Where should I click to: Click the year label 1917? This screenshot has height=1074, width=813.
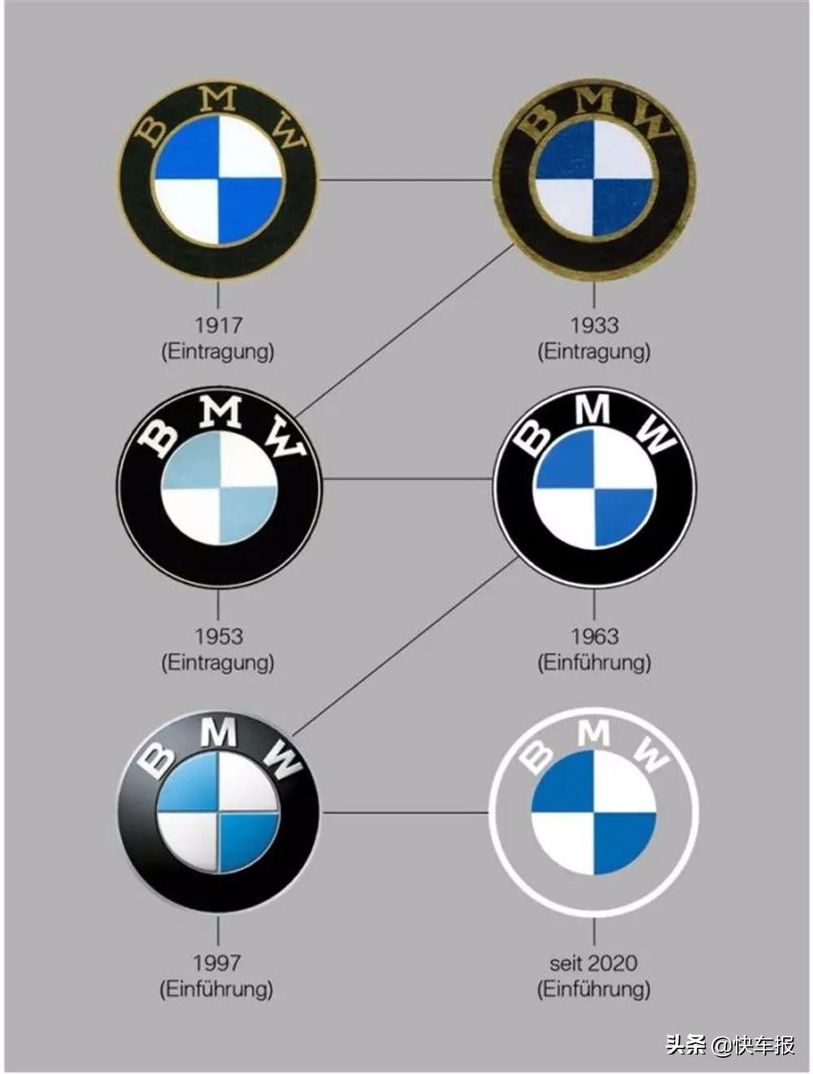(218, 325)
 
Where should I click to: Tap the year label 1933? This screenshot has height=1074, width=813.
(594, 325)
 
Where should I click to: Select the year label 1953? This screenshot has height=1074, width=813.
(218, 636)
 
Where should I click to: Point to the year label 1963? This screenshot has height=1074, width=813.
(595, 636)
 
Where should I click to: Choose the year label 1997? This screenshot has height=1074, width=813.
(217, 963)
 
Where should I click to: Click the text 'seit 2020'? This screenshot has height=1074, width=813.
(593, 963)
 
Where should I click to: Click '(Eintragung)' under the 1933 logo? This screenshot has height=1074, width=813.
(594, 352)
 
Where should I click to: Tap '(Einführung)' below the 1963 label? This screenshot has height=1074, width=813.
(594, 663)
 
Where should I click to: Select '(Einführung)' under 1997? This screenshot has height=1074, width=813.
(216, 989)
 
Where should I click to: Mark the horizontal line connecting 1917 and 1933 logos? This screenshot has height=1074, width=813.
(406, 180)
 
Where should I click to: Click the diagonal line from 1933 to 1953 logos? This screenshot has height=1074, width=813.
(404, 330)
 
